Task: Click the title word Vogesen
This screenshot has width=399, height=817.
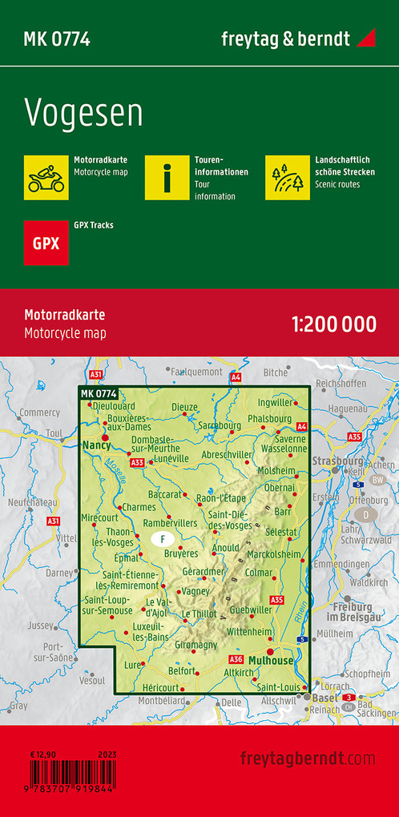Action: click(x=83, y=115)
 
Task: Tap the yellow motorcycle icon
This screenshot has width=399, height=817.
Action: click(x=46, y=177)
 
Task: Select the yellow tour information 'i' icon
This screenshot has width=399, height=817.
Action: click(x=167, y=177)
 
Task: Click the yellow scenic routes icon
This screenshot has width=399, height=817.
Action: click(x=288, y=177)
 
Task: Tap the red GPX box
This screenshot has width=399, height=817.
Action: click(x=46, y=242)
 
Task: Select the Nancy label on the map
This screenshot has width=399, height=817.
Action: click(x=96, y=444)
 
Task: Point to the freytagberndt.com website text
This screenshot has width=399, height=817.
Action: click(x=307, y=758)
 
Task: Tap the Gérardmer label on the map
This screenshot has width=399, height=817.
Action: click(x=204, y=571)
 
